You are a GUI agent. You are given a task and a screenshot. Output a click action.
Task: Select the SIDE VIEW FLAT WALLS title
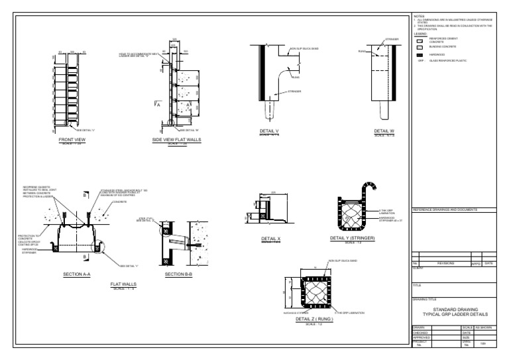coord(176,141)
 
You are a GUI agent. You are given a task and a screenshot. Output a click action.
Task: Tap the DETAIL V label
coord(270,131)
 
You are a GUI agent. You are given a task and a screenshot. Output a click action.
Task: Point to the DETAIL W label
coord(384,131)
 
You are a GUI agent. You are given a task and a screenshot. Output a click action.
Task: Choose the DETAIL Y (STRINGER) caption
coord(351,238)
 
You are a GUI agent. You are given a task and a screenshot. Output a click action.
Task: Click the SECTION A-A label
coord(76,274)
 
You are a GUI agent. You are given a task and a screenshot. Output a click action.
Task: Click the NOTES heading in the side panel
coord(418,15)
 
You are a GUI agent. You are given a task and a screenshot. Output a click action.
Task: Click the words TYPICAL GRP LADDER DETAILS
coord(455,314)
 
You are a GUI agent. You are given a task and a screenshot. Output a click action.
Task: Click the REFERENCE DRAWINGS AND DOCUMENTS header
coord(445,210)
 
